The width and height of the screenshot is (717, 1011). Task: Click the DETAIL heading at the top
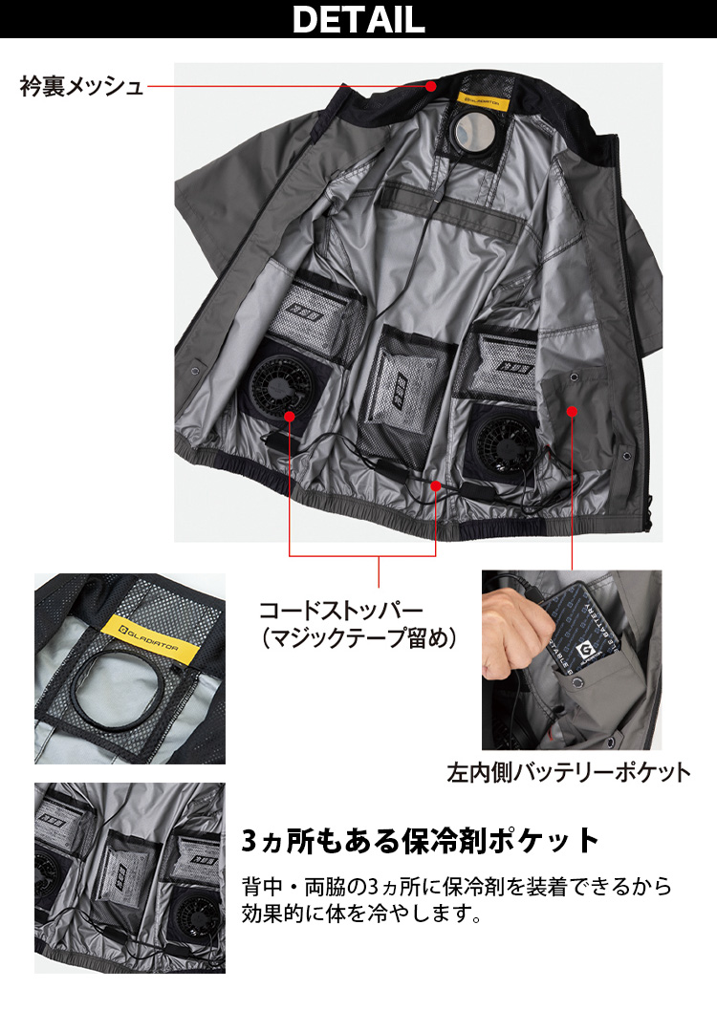[358, 19]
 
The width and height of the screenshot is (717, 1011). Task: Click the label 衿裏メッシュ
[81, 86]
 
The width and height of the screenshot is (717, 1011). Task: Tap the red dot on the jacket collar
[431, 85]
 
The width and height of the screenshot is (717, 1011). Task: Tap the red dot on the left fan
[290, 417]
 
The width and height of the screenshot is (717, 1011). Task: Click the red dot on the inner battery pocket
[572, 411]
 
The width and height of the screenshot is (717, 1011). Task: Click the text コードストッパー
[341, 610]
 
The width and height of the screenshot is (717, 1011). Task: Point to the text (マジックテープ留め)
[358, 638]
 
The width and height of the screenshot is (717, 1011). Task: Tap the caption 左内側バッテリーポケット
[569, 772]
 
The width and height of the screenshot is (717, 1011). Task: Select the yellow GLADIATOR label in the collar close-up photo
[149, 639]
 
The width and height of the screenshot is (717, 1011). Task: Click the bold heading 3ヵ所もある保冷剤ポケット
[421, 841]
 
